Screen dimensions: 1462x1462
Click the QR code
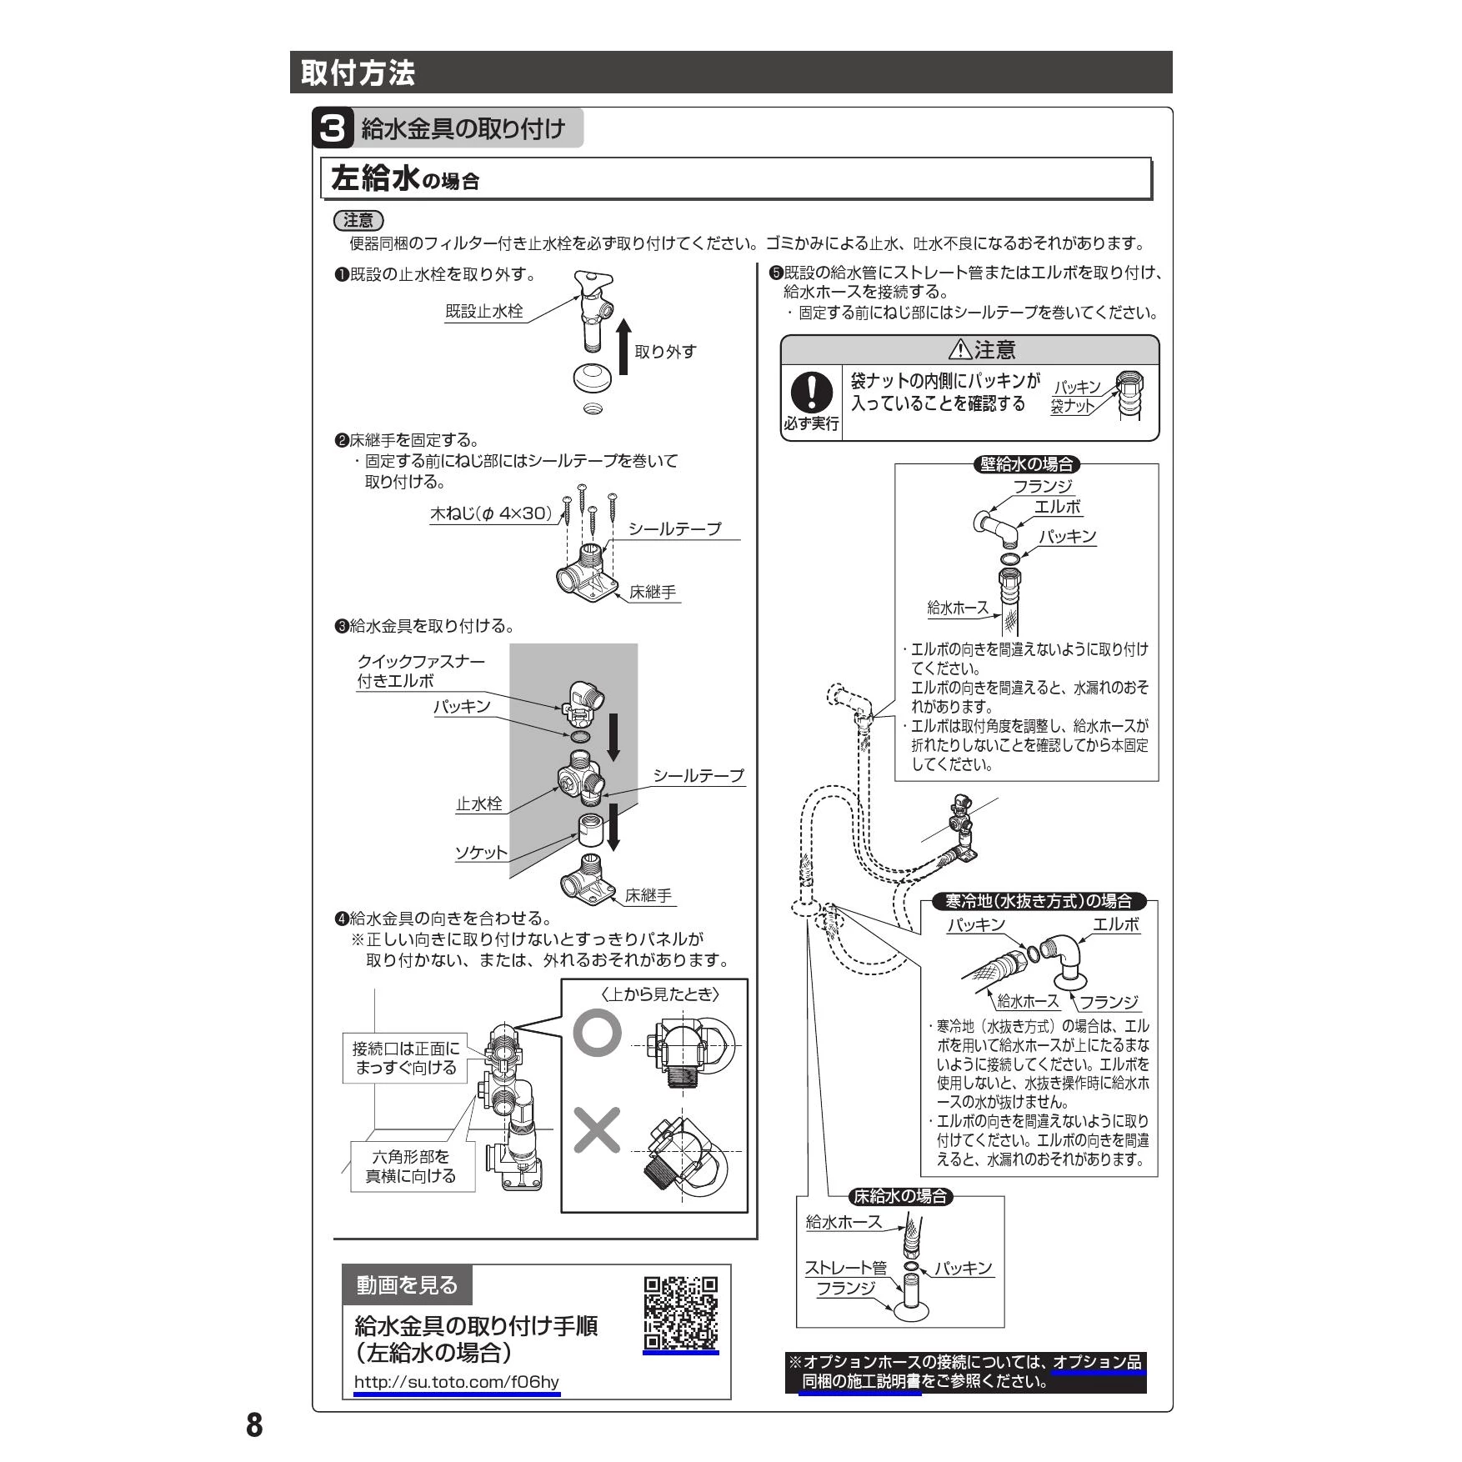[680, 1313]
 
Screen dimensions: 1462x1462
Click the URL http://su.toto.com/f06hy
[456, 1382]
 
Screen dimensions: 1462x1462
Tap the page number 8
[254, 1425]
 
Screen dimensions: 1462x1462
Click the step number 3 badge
[332, 128]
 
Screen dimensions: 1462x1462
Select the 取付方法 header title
[358, 73]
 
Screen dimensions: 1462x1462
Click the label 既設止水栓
[483, 312]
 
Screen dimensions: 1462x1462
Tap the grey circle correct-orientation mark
[597, 1034]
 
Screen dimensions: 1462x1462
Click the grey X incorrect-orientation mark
[597, 1130]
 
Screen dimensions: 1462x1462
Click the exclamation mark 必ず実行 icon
[811, 392]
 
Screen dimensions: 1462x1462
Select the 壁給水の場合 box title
[1026, 464]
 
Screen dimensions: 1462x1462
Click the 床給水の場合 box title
[900, 1197]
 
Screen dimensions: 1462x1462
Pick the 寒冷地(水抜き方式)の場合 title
[1038, 901]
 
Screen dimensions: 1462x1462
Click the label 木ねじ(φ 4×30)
[491, 513]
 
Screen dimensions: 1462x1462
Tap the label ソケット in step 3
[480, 853]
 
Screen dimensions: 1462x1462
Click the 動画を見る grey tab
[407, 1285]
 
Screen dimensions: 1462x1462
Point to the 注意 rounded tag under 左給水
[358, 221]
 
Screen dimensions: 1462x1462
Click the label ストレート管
[844, 1268]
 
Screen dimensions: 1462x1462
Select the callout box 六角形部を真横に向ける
[412, 1166]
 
